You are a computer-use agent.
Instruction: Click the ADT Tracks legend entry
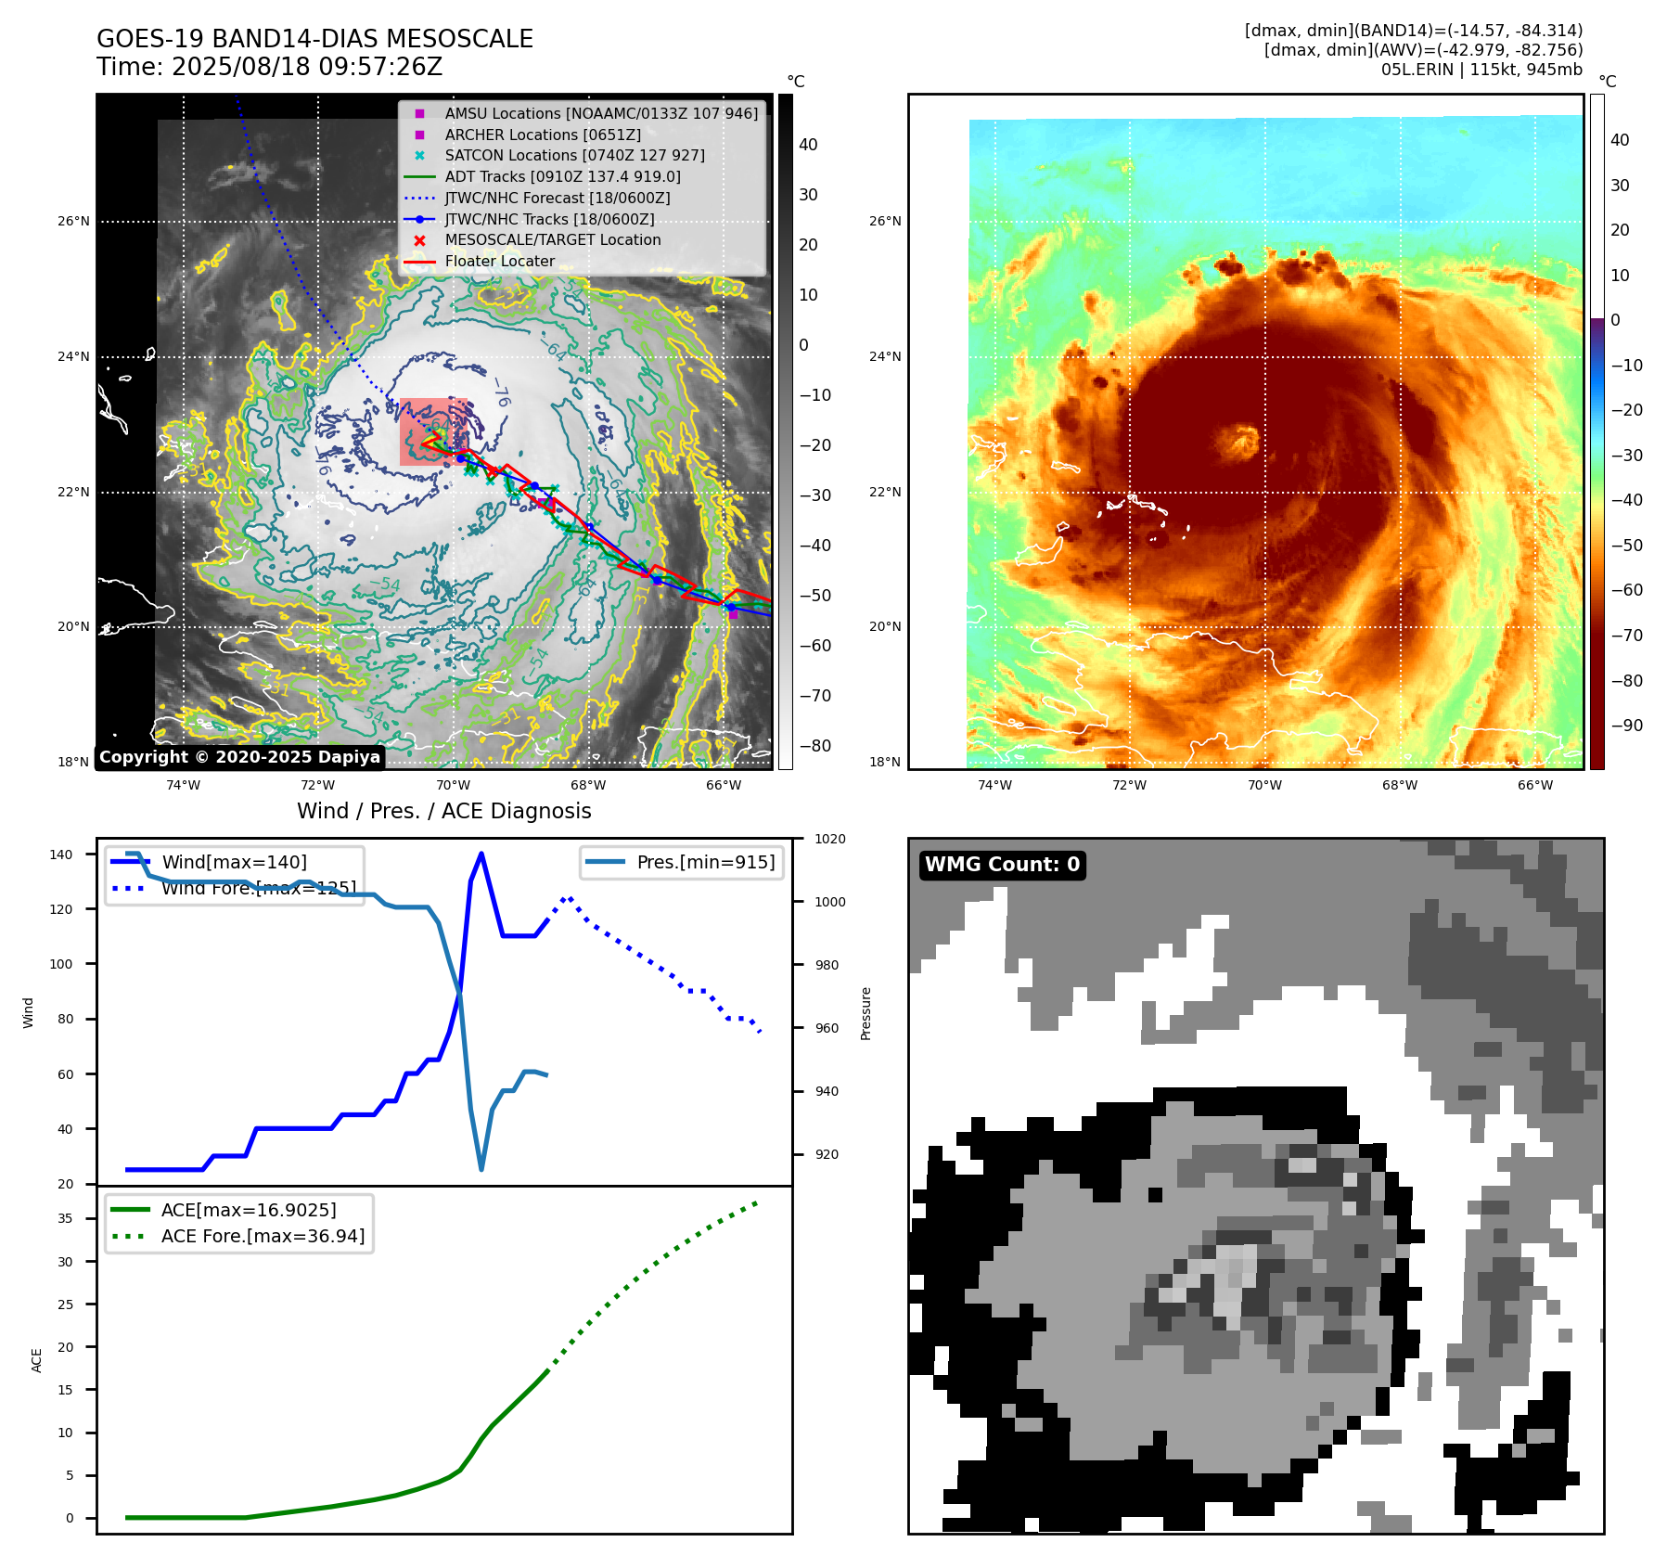point(562,176)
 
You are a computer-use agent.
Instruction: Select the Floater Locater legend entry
point(499,262)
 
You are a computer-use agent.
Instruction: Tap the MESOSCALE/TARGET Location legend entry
point(552,240)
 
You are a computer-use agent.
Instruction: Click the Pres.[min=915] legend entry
point(705,862)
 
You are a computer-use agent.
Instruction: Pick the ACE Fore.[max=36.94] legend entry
point(263,1236)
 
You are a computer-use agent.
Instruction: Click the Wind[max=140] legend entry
point(234,862)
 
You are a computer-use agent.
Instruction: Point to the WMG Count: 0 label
point(1002,865)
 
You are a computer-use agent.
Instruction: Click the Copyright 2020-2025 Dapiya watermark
point(239,757)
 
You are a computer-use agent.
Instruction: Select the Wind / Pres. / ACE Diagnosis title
point(443,811)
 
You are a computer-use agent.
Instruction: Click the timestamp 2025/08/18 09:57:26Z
point(307,67)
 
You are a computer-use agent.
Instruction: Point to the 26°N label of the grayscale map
point(73,222)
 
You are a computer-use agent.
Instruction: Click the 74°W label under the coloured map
point(994,786)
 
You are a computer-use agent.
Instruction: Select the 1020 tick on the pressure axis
point(830,839)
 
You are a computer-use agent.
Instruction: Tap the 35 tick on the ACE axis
point(65,1218)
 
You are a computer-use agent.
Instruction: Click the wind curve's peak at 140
point(481,854)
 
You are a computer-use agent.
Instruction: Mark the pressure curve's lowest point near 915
point(481,1169)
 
